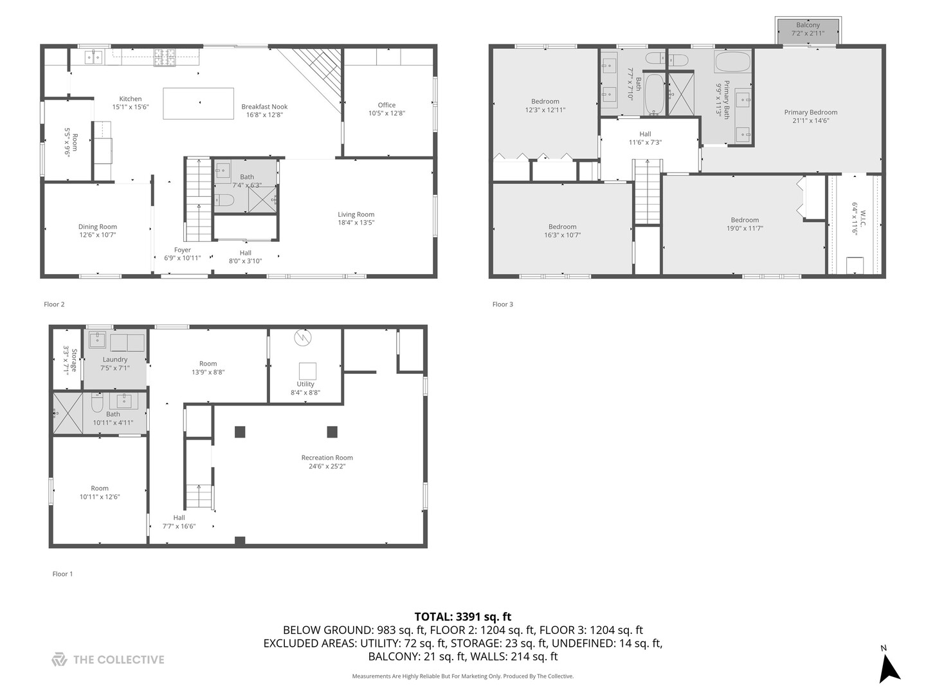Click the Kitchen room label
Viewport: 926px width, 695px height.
tap(131, 99)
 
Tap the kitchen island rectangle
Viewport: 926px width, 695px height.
tap(198, 104)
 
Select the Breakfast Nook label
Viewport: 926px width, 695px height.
tap(264, 107)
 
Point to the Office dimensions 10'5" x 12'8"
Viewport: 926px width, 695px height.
tap(386, 113)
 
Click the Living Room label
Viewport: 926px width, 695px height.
tap(356, 214)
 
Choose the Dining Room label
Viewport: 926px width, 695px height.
tap(98, 227)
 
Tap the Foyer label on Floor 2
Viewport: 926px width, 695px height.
tap(183, 250)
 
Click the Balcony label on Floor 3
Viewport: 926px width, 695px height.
tap(808, 25)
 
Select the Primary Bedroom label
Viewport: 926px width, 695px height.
tap(810, 112)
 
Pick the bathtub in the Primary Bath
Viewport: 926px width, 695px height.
tap(732, 62)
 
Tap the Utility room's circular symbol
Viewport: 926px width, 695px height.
tap(302, 337)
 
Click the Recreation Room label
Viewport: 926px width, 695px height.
tap(327, 458)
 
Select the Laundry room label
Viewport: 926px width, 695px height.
tap(115, 360)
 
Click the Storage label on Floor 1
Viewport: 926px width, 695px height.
tap(74, 360)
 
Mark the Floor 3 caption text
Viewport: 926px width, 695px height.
tap(503, 304)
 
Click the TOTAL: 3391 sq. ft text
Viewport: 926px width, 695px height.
tap(462, 616)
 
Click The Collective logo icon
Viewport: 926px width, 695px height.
tap(59, 660)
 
